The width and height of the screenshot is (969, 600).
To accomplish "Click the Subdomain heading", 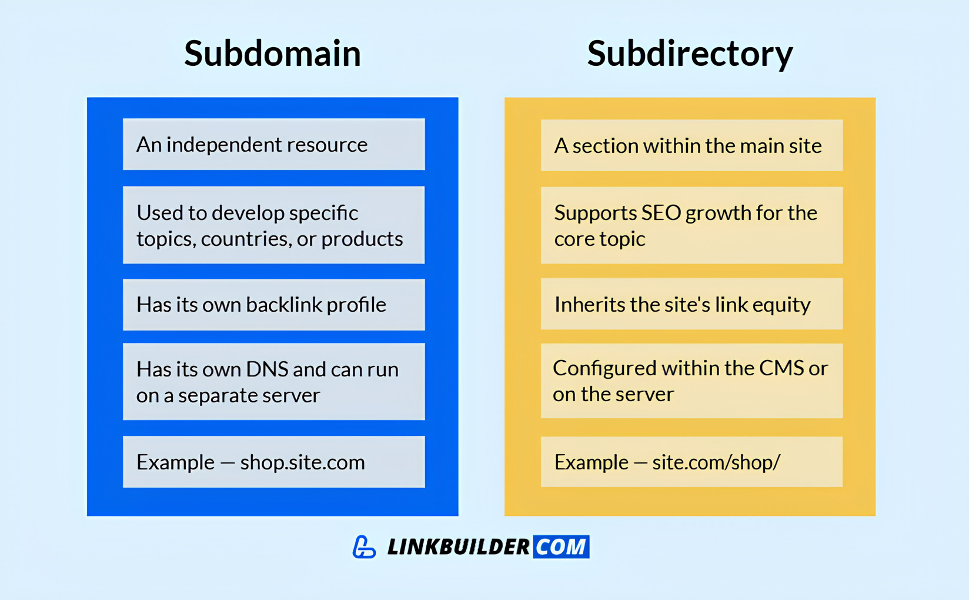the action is (272, 54).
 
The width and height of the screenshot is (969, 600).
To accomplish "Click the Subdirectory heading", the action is (690, 54).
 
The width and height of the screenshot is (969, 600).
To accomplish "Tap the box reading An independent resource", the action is (273, 144).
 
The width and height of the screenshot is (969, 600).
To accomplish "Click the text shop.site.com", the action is (302, 462).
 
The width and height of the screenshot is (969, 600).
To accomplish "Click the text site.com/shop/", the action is (716, 462).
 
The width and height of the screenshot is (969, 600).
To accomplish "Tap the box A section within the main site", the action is (691, 145).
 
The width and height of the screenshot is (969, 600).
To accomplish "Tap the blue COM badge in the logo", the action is (561, 546).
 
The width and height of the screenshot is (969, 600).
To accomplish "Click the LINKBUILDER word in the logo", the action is (458, 547).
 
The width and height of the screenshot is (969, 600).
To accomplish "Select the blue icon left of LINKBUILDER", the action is (364, 546).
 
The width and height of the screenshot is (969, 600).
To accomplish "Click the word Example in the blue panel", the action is (175, 462).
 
